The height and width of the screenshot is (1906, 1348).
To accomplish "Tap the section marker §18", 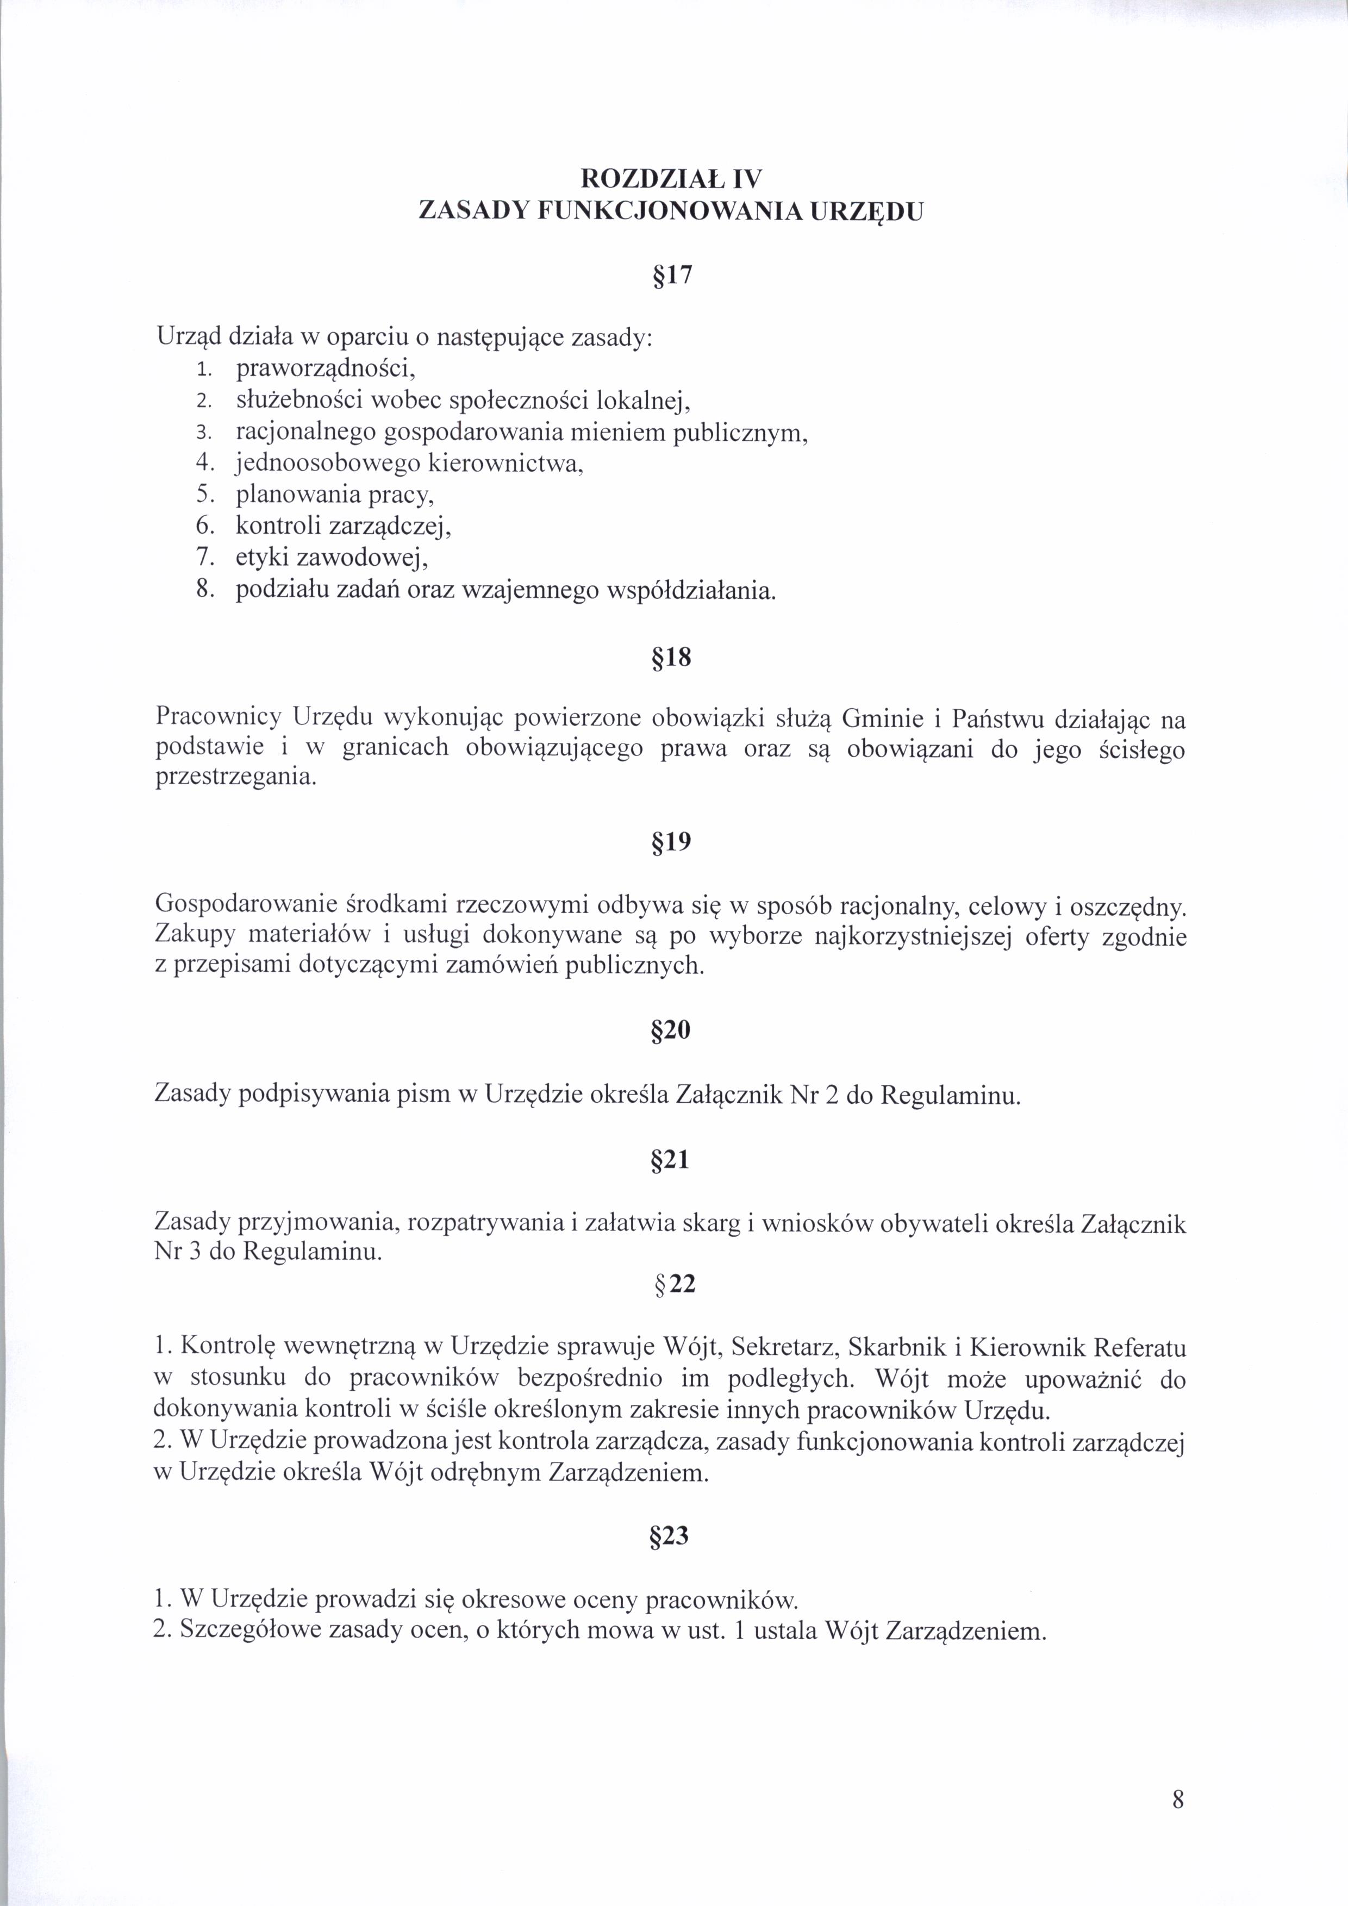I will tap(671, 658).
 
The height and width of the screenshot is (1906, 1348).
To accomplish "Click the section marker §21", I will tap(671, 1159).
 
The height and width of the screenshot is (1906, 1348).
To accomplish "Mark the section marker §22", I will tap(675, 1284).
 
